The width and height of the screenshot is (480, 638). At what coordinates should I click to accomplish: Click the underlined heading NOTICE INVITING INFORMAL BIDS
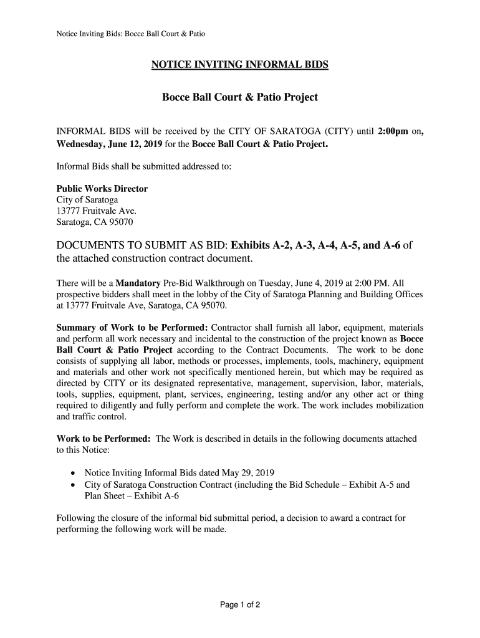[x=240, y=65]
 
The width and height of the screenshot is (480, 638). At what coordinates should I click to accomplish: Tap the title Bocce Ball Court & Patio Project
[x=240, y=97]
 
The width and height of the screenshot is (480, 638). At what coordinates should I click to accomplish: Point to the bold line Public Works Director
[x=102, y=189]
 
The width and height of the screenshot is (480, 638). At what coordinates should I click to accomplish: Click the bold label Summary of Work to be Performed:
[x=132, y=328]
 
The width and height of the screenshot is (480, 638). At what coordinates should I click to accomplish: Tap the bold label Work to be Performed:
[x=103, y=439]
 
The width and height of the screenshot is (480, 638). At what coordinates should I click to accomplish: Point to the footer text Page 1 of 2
[x=239, y=604]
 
